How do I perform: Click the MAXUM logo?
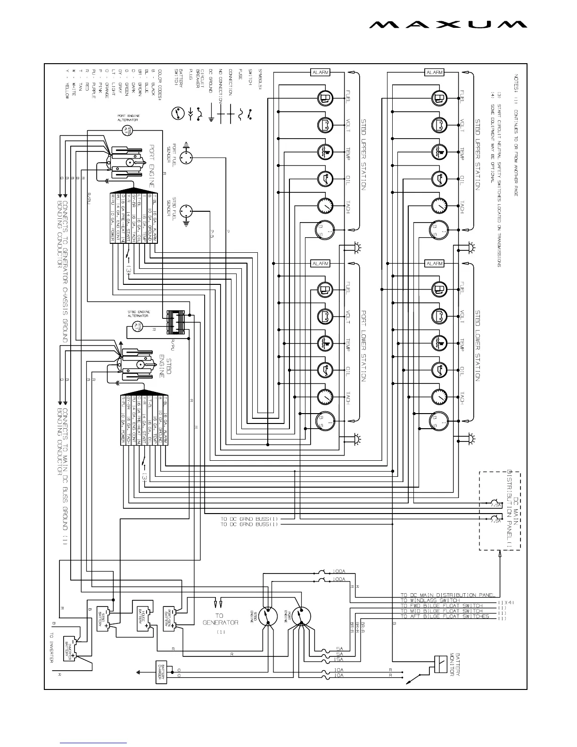tap(448, 25)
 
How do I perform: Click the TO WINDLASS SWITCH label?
tap(429, 600)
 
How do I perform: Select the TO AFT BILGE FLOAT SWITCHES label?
tap(445, 616)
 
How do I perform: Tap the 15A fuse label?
tap(339, 659)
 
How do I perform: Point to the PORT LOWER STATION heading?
tap(363, 345)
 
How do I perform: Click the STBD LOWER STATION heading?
tap(477, 345)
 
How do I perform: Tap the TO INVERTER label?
tap(52, 648)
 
